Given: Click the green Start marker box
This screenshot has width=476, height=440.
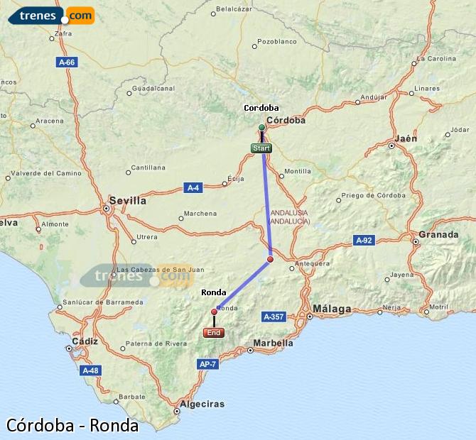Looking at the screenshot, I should click(261, 148).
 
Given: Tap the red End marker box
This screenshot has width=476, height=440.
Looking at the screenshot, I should click(213, 332).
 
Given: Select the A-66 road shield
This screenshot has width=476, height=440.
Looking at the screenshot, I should click(67, 62).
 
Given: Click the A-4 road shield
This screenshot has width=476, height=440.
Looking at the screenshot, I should click(193, 187).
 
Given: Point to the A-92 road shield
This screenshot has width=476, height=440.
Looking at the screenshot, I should click(364, 241).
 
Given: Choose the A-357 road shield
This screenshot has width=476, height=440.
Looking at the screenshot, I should click(274, 316).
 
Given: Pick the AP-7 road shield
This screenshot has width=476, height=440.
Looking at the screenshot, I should click(207, 364).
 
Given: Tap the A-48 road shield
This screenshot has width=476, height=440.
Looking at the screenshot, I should click(90, 370).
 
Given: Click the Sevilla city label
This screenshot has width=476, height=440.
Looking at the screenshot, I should click(128, 201).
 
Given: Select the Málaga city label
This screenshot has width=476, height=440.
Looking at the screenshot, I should click(332, 309).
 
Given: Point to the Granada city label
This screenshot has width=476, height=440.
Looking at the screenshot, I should click(438, 234).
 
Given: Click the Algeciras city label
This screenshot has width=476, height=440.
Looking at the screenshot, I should click(202, 405).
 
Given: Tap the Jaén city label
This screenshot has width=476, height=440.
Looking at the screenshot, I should click(406, 138).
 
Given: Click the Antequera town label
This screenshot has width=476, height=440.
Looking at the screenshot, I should click(313, 263).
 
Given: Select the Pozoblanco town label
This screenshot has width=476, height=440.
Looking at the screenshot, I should click(277, 42).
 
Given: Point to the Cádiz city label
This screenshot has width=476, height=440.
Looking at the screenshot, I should click(84, 341).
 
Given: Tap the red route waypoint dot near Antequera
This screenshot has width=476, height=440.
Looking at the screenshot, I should click(270, 260).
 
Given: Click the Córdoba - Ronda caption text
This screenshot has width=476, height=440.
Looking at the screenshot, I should click(72, 425).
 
